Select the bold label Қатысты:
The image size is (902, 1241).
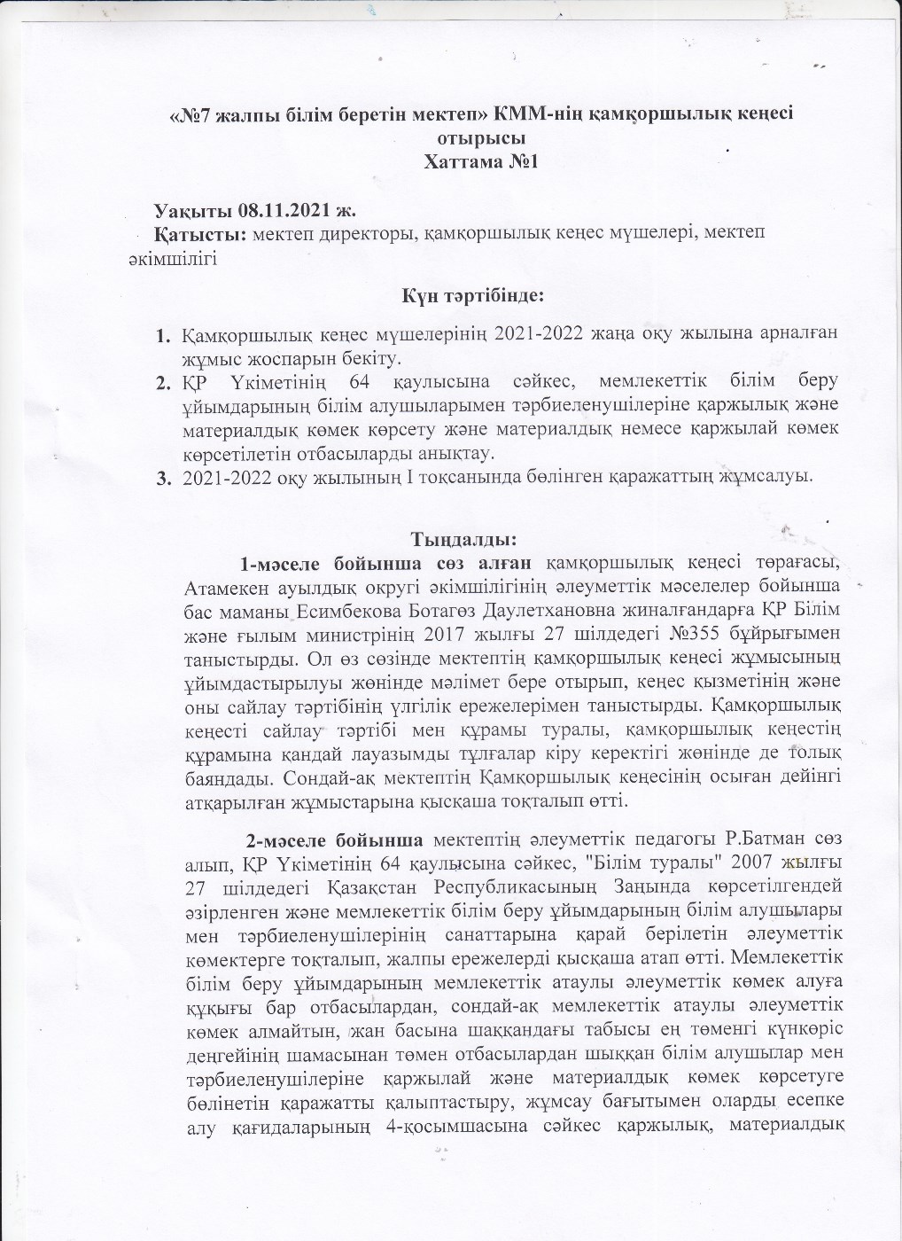pos(200,235)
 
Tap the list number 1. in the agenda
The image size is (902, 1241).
pos(163,336)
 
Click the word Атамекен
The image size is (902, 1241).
pos(227,588)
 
